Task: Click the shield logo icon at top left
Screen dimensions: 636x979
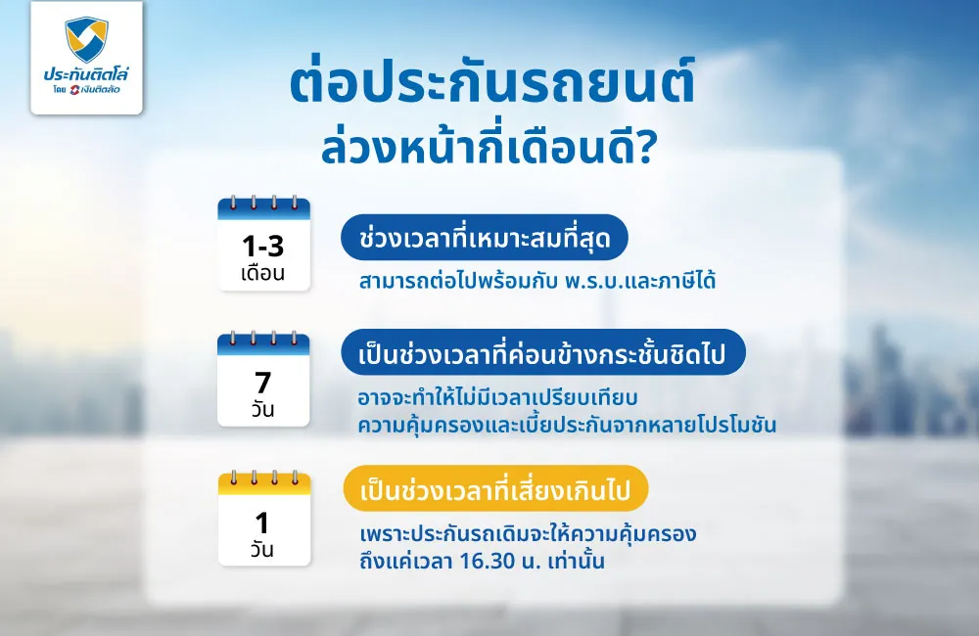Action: [x=86, y=39]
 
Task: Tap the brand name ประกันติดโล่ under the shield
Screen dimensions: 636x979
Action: [x=86, y=75]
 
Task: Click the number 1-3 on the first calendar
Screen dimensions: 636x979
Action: [x=263, y=246]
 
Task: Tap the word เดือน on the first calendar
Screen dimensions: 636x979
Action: [x=263, y=273]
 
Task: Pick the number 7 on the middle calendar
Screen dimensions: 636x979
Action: [x=263, y=382]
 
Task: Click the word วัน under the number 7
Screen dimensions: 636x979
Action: [x=263, y=410]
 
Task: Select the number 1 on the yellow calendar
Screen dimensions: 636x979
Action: [x=263, y=521]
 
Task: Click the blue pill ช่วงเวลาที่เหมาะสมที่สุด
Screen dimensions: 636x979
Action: [x=484, y=238]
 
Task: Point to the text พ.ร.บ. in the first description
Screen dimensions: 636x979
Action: [x=602, y=282]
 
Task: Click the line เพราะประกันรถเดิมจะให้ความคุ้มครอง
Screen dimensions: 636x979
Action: [x=528, y=536]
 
